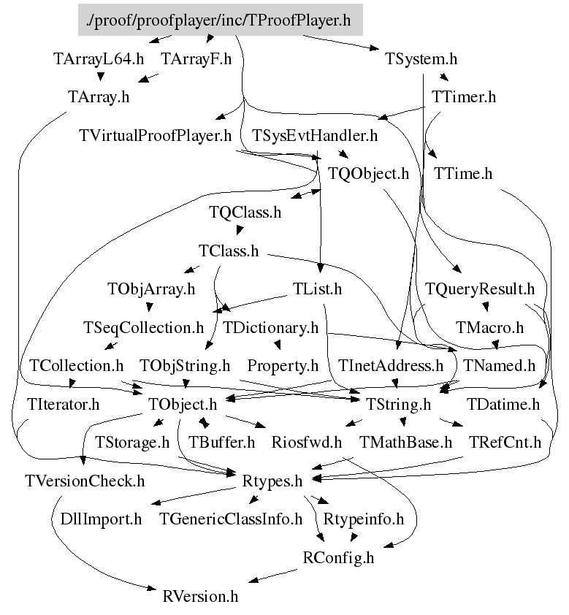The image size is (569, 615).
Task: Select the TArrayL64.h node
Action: click(x=99, y=59)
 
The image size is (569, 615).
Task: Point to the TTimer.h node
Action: click(x=463, y=96)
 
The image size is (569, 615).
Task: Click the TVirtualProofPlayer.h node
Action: click(x=155, y=135)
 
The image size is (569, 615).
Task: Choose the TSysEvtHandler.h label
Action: click(x=315, y=135)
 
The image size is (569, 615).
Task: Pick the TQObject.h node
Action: click(x=368, y=174)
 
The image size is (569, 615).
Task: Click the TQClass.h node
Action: click(x=245, y=213)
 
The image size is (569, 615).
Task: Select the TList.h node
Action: click(x=317, y=289)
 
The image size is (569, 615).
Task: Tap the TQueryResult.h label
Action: click(x=480, y=289)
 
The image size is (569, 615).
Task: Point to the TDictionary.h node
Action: click(x=270, y=327)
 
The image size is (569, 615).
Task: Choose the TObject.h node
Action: click(x=183, y=404)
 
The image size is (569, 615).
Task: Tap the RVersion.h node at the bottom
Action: click(x=200, y=595)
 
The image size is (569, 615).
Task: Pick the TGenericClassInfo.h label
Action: click(x=231, y=519)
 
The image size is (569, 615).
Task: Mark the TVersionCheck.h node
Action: click(x=84, y=481)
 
